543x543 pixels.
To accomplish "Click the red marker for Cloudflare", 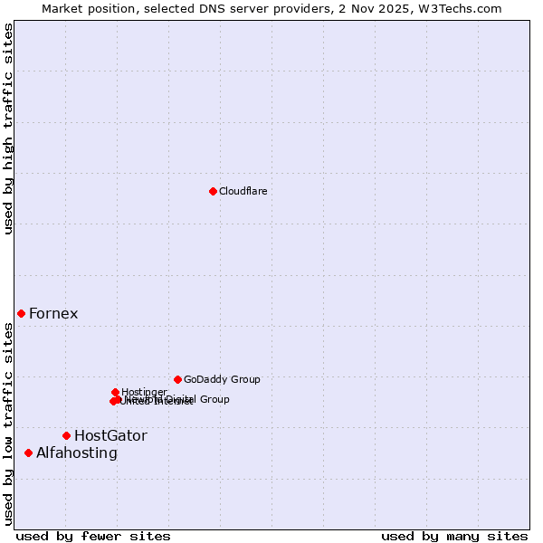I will click(x=213, y=191).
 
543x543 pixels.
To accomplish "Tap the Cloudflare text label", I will click(x=243, y=191).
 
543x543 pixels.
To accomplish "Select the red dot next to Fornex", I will click(x=21, y=313).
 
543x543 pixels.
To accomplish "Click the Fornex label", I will click(x=53, y=314).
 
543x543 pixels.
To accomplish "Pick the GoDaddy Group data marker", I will click(x=177, y=379).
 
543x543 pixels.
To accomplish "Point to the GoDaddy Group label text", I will click(x=222, y=379).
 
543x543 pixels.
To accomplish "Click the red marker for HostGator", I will click(x=66, y=435).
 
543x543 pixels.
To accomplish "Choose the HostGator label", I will click(x=110, y=435).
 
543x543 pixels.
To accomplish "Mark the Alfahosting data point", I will click(x=28, y=452).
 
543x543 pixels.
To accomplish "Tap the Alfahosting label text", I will click(x=77, y=452).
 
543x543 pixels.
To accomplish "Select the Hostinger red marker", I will click(x=115, y=392).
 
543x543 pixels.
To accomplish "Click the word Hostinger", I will click(x=144, y=392).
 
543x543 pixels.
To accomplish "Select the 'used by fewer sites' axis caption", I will click(x=93, y=536).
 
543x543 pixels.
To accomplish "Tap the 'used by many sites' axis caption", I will click(x=454, y=536).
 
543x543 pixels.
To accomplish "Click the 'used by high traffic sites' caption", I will click(x=8, y=129).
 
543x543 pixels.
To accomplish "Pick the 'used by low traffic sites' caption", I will click(x=8, y=423).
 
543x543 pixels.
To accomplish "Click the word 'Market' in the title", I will click(x=62, y=8).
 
